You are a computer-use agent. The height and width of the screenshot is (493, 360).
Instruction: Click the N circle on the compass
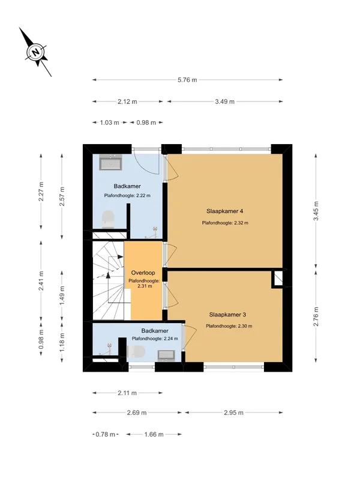[x=37, y=52]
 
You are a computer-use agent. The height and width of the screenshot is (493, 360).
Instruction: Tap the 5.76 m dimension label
[x=187, y=80]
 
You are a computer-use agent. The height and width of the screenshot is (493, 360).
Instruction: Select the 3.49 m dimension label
[x=224, y=101]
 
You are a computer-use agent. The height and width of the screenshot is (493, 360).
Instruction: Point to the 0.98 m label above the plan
[x=146, y=122]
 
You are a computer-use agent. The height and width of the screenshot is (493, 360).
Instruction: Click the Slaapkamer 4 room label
[x=224, y=211]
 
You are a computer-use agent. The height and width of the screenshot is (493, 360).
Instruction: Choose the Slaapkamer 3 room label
[x=227, y=315]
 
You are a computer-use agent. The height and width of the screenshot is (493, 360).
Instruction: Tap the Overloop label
[x=143, y=273]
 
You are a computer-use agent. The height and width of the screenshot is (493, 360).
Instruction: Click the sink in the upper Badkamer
[x=110, y=162]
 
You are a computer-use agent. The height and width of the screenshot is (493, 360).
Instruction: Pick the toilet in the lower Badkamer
[x=136, y=351]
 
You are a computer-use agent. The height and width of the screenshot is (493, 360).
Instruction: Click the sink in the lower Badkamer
[x=166, y=355]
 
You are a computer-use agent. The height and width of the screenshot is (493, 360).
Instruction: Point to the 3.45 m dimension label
[x=316, y=211]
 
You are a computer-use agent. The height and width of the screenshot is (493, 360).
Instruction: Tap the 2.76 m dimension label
[x=316, y=316]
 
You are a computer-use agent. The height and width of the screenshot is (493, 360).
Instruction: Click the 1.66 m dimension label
[x=154, y=435]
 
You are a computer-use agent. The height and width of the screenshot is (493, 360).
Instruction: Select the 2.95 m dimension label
[x=234, y=413]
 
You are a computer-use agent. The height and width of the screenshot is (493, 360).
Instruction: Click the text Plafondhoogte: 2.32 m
[x=225, y=223]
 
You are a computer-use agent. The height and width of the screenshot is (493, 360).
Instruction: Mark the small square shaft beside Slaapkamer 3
[x=277, y=279]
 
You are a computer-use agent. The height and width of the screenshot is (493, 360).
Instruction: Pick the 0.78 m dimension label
[x=105, y=435]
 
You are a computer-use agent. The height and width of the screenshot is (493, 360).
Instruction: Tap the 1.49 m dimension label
[x=62, y=295]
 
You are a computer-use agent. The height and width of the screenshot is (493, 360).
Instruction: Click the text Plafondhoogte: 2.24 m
[x=155, y=339]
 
